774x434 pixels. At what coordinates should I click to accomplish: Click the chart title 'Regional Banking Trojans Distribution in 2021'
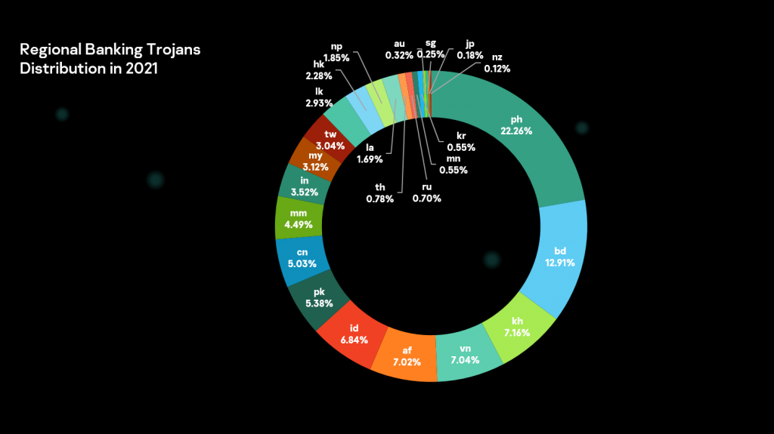110,58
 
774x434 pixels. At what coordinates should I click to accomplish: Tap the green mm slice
299,219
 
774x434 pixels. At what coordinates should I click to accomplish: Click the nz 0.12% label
497,63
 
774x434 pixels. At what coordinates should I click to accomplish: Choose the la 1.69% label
370,153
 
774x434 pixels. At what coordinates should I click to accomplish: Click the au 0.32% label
399,49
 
